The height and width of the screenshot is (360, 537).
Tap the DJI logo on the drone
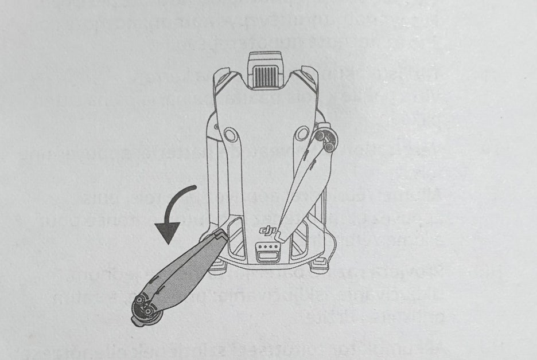[267, 231]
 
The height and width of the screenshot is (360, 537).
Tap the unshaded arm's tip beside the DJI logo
[278, 233]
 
